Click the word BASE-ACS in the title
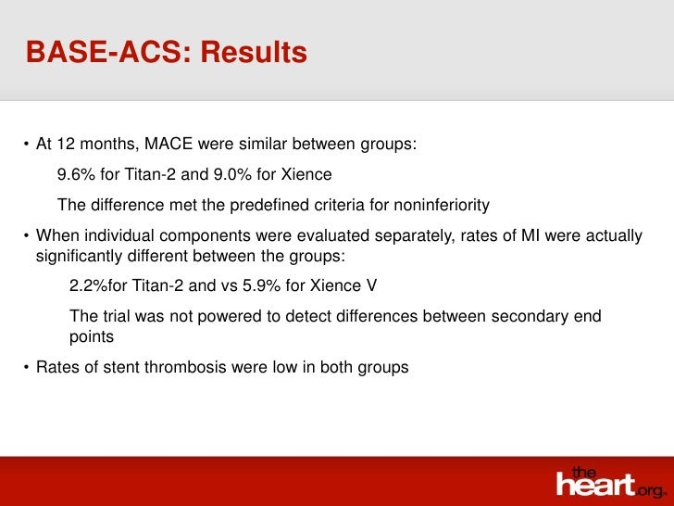coord(105,53)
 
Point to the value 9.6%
coord(76,175)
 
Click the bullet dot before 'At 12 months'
coord(27,145)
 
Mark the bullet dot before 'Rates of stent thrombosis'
coord(27,368)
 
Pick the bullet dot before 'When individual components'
coord(27,236)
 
